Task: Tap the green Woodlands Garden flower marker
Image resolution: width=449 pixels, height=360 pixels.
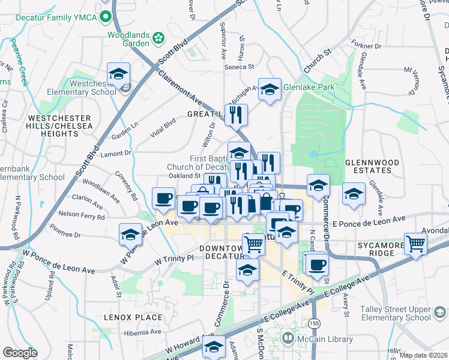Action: [x=158, y=38]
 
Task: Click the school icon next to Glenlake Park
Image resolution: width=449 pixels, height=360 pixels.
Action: [x=270, y=90]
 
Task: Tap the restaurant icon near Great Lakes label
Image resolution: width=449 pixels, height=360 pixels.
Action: [x=238, y=114]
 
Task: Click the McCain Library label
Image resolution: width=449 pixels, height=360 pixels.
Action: [x=325, y=340]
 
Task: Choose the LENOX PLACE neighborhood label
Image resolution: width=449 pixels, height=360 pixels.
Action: [x=133, y=317]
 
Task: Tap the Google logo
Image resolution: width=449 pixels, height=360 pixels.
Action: [x=20, y=353]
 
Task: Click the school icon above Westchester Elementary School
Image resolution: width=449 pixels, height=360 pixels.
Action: [x=119, y=74]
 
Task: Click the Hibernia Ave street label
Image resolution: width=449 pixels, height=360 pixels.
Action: [x=142, y=332]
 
